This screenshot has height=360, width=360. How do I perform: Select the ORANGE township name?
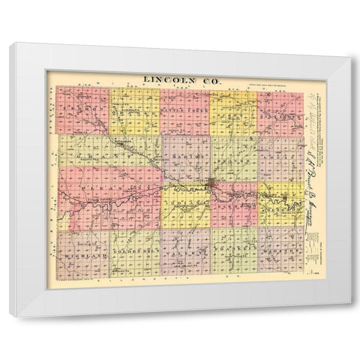coord(132,112)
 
